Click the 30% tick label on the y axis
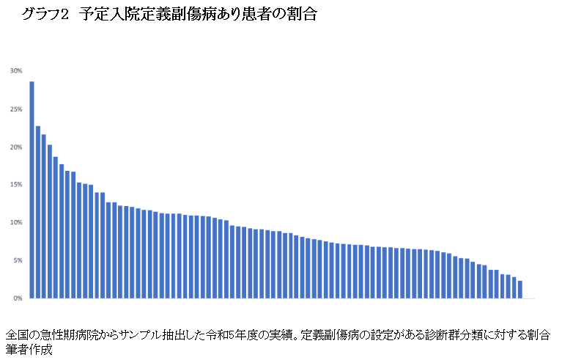pyautogui.click(x=16, y=71)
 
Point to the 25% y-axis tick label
pyautogui.click(x=16, y=109)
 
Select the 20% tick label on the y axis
pyautogui.click(x=16, y=147)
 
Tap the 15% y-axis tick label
pyautogui.click(x=16, y=185)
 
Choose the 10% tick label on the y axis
pyautogui.click(x=16, y=222)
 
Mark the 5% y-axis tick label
pyautogui.click(x=17, y=260)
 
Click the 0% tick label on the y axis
pyautogui.click(x=17, y=298)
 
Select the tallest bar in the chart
pyautogui.click(x=32, y=190)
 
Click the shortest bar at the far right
pyautogui.click(x=520, y=290)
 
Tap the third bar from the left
pyautogui.click(x=44, y=216)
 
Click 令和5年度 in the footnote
pyautogui.click(x=241, y=334)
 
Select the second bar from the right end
pyautogui.click(x=514, y=288)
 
